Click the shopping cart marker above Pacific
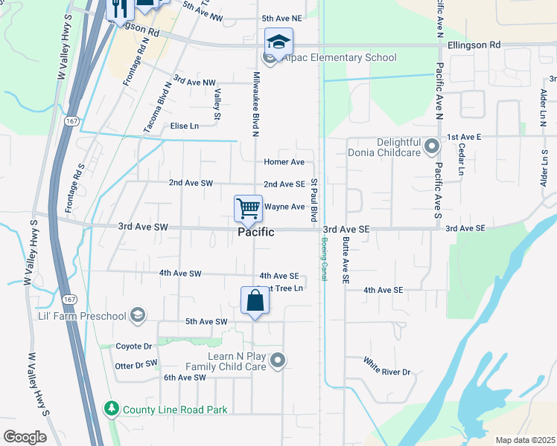tap(248, 208)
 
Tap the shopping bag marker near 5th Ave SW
tap(255, 300)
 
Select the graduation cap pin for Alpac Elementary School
tap(278, 41)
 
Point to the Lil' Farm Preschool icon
tap(136, 316)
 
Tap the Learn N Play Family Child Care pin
tap(278, 361)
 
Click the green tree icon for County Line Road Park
tap(111, 409)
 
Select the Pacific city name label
tap(255, 232)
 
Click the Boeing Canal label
tap(325, 252)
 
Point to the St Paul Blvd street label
tap(314, 200)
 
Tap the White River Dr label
tap(386, 366)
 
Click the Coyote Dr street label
tap(133, 346)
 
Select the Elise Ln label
tap(185, 126)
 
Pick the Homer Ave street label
tap(284, 162)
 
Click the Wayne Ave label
tap(284, 207)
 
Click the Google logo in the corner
tap(24, 436)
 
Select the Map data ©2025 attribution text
tap(524, 440)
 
